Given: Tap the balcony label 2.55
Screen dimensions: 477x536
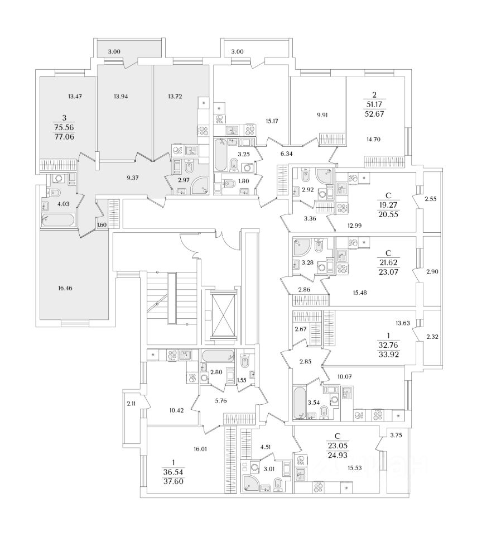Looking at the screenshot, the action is (x=430, y=199).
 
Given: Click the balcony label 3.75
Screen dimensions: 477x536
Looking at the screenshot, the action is (x=397, y=435).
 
